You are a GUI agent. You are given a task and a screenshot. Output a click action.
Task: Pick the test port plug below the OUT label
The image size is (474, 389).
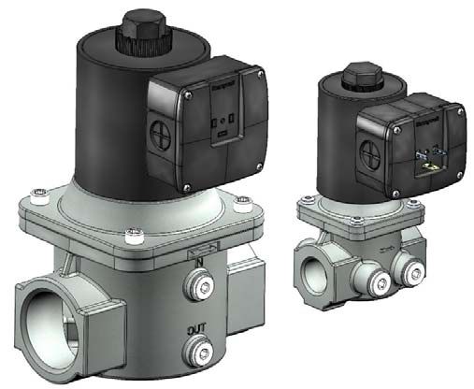point(199,352)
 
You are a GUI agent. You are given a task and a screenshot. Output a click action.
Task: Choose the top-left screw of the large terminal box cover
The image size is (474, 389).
point(188,94)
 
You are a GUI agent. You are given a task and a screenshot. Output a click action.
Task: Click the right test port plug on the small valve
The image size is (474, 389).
point(409,270)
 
